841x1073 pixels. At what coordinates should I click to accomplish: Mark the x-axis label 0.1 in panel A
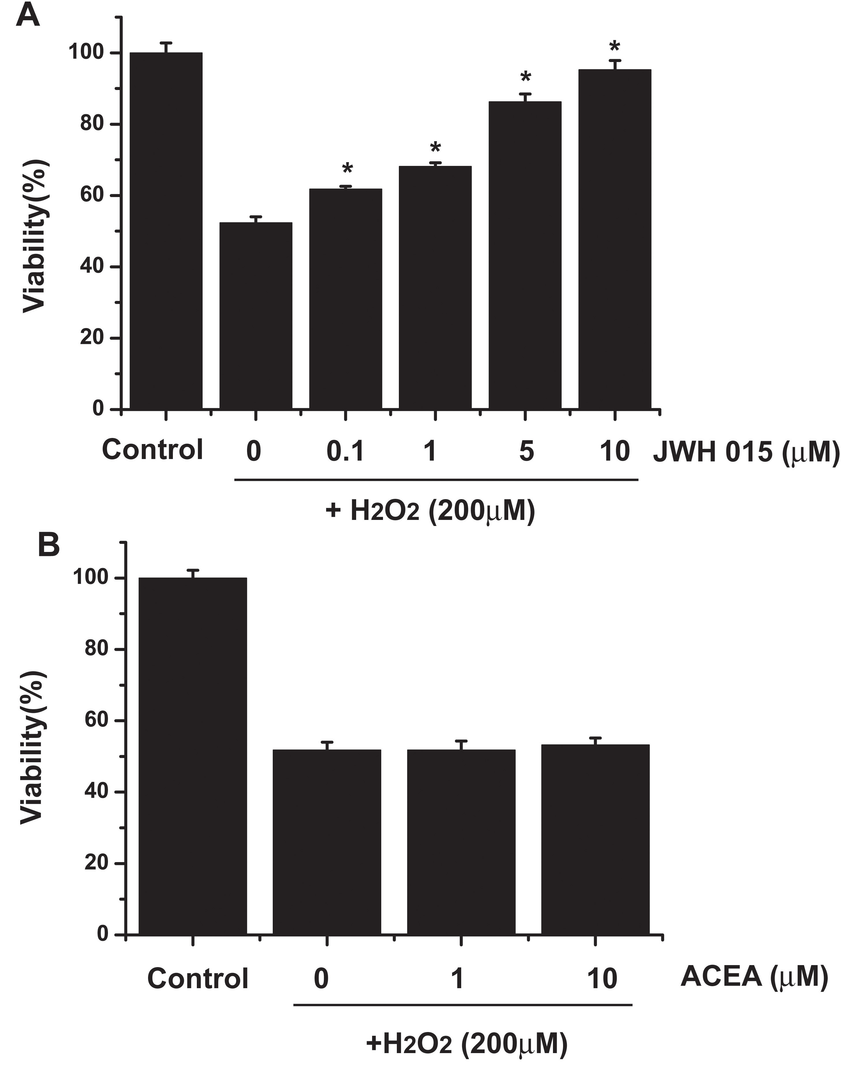click(x=345, y=451)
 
